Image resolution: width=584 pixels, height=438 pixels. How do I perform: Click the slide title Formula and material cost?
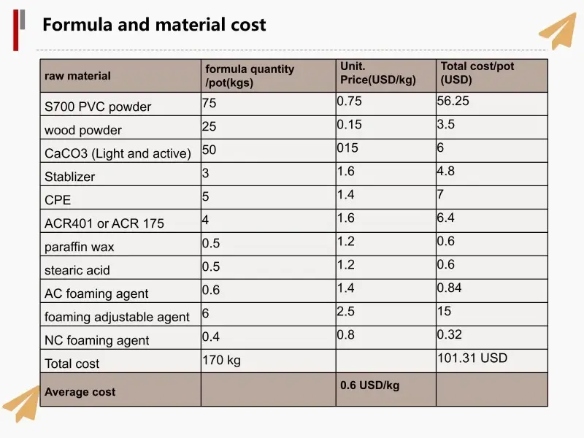(x=154, y=25)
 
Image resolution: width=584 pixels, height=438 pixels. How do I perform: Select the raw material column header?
(x=78, y=76)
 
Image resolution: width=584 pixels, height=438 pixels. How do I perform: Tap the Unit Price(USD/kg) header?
(x=378, y=73)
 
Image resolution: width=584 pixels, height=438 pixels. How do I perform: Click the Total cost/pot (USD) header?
(x=477, y=73)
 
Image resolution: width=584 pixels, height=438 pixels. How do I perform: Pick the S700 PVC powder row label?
(x=98, y=107)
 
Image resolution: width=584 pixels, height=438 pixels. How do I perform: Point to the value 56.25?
(x=453, y=101)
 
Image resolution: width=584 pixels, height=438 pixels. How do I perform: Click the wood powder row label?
(x=83, y=130)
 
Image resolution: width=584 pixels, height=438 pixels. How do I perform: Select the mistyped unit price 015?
(x=348, y=148)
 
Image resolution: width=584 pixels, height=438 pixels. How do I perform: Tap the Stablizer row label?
(x=70, y=177)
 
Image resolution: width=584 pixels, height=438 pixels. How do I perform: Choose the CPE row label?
(x=58, y=200)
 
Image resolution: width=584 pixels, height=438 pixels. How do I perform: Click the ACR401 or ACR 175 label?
(x=104, y=223)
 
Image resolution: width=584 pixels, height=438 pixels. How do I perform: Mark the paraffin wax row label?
(x=80, y=247)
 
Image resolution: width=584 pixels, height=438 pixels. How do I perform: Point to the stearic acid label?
(x=77, y=270)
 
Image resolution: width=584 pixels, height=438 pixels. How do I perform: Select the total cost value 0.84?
(x=450, y=288)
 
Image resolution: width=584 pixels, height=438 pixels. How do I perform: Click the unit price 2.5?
(x=346, y=312)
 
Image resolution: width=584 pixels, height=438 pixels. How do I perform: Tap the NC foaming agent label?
(x=97, y=340)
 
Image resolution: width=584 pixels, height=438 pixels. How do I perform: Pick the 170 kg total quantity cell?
(x=221, y=360)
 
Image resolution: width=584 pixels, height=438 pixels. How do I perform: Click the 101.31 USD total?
(x=472, y=358)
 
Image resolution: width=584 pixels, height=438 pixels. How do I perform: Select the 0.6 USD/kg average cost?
(x=370, y=385)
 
